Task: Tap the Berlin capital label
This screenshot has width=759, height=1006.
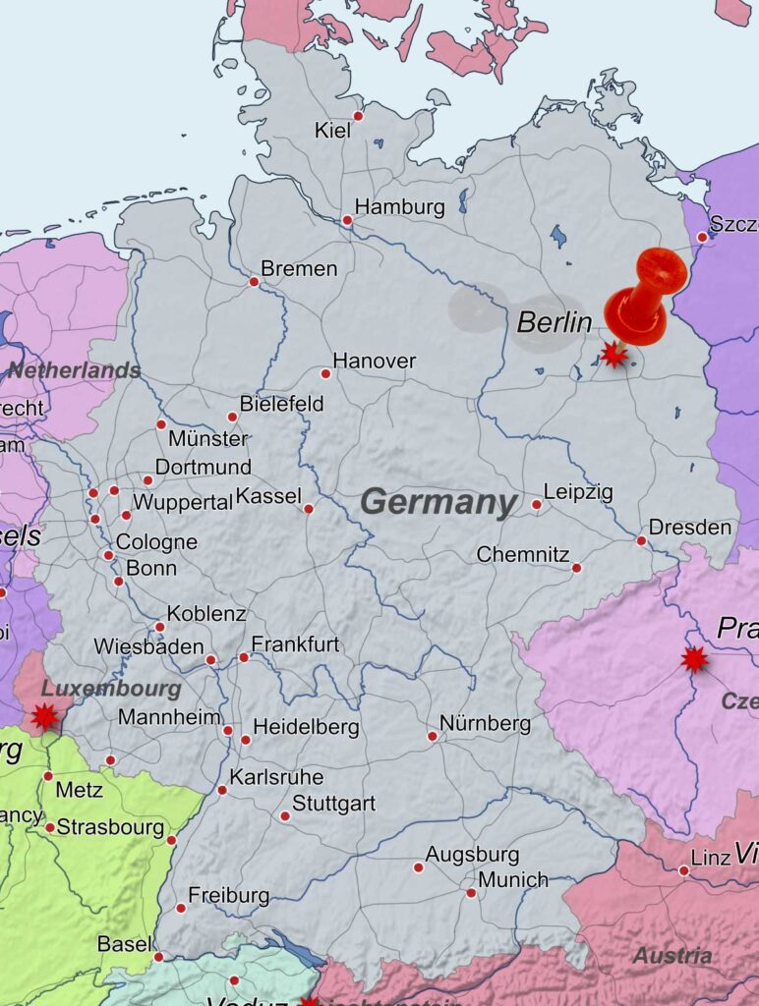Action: pos(555,322)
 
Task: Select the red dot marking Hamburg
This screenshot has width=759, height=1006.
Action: pos(347,220)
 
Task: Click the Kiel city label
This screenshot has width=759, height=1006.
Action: pos(331,130)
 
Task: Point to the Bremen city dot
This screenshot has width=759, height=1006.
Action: pos(254,282)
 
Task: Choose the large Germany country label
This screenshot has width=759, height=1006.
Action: pos(438,502)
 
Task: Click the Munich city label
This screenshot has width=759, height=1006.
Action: pos(513,879)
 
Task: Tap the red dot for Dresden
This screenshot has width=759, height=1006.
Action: pos(641,540)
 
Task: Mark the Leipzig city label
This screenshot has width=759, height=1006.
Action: pos(578,491)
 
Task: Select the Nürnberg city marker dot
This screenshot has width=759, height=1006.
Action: pos(432,736)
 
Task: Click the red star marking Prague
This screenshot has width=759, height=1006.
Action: pos(695,659)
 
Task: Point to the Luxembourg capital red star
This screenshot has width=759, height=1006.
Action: pos(44,716)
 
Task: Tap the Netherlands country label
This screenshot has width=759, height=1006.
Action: pos(75,370)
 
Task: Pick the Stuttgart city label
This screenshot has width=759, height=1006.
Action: pos(333,804)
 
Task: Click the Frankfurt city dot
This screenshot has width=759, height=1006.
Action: pos(244,657)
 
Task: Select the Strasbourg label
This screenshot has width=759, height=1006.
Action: pos(110,827)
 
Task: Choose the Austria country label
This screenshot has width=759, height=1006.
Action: pos(672,955)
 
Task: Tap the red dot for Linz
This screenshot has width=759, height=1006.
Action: pos(683,870)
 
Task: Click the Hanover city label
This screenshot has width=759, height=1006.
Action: pos(374,361)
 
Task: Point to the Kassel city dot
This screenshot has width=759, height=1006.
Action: pos(309,509)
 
